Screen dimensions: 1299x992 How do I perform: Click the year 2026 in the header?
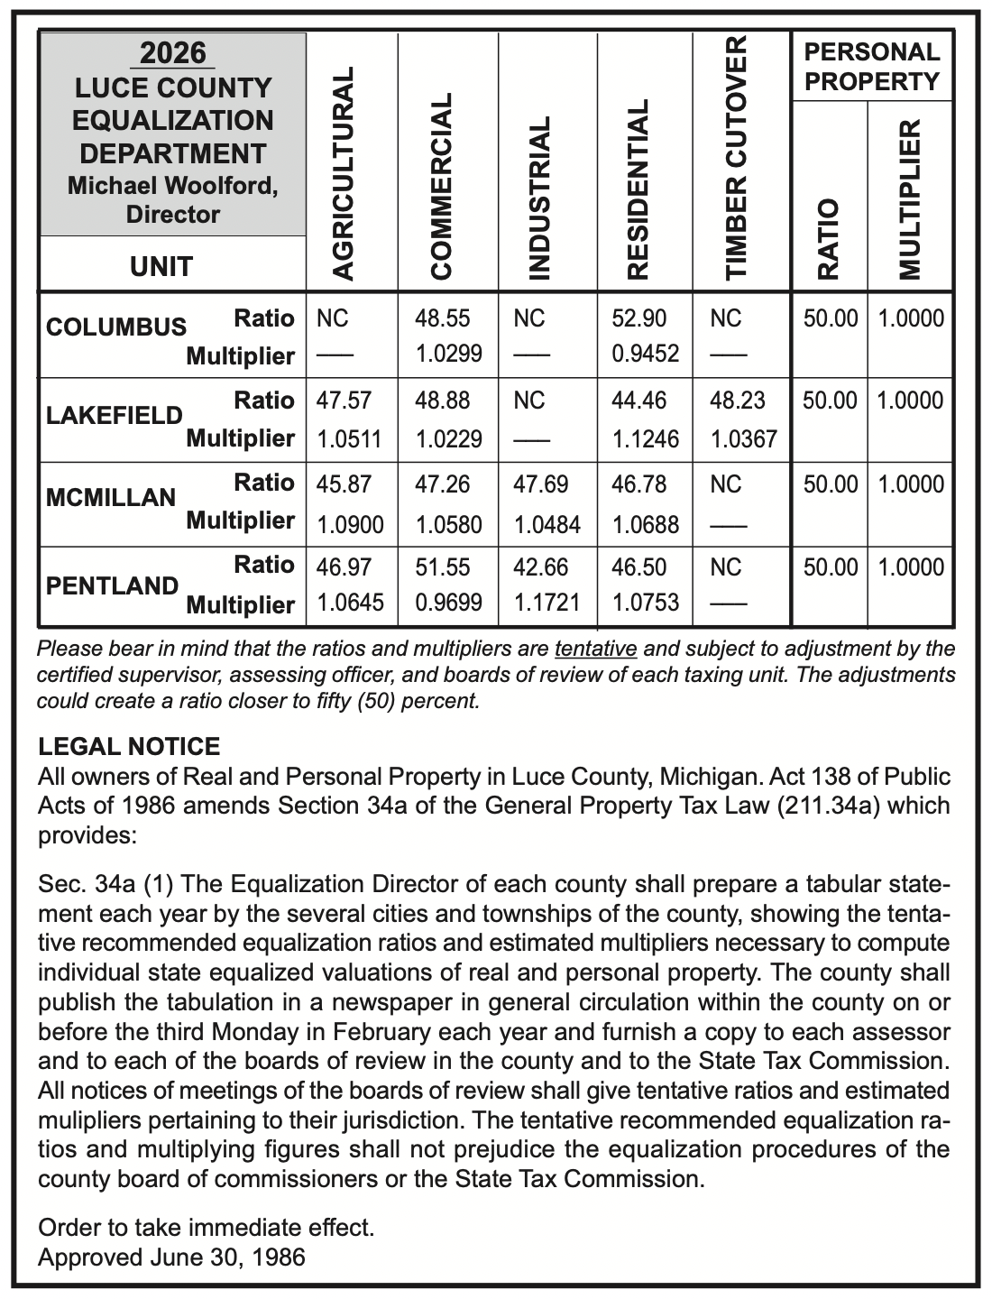coord(173,53)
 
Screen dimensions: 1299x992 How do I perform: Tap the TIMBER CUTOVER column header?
coord(738,158)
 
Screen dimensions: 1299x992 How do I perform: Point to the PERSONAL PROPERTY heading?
coord(871,67)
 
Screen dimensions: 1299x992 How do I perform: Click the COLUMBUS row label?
coord(115,327)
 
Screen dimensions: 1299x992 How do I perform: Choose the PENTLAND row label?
coord(112,585)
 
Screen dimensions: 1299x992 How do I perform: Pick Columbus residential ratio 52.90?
coord(638,318)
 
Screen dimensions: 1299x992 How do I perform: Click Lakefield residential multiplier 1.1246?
coord(645,439)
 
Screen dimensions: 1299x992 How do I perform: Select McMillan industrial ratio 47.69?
coord(540,484)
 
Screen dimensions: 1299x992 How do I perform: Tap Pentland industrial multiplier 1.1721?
coord(547,602)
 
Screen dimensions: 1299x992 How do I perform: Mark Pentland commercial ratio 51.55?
coord(442,567)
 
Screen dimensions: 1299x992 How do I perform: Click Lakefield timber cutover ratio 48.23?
coord(738,401)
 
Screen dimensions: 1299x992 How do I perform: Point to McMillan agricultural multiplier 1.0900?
coord(350,524)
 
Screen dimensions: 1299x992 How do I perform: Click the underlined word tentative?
coord(596,649)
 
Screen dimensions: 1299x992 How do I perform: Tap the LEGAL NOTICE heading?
coord(129,747)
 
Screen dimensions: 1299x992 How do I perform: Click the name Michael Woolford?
coord(173,186)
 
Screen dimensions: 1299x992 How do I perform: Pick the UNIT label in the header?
coord(162,266)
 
